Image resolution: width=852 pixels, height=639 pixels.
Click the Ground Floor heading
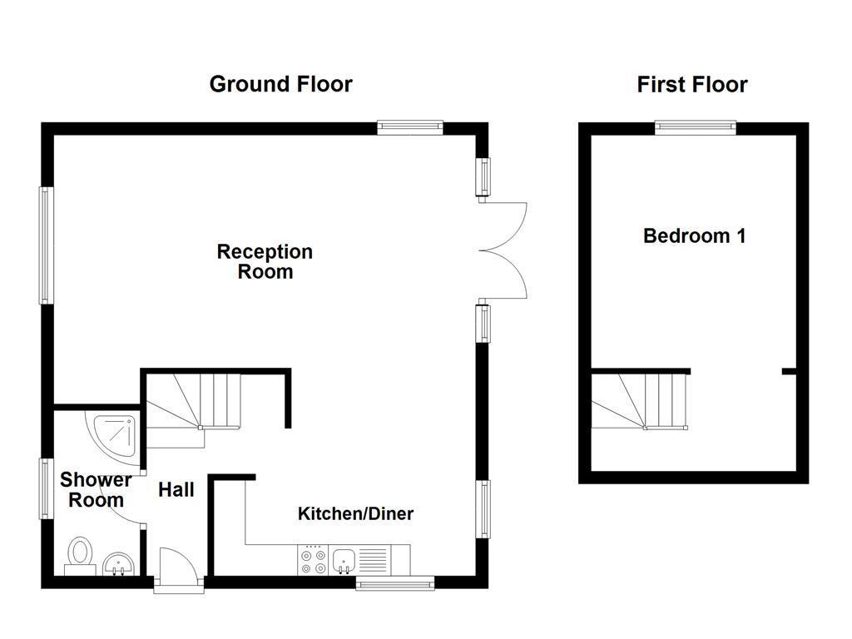[280, 84]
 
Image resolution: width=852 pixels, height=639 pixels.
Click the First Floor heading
[692, 84]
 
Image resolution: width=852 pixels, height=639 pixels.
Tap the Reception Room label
[265, 261]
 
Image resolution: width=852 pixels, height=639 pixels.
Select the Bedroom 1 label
[694, 235]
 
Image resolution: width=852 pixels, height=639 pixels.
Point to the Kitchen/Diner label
[355, 513]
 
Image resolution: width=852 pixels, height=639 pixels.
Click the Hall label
[176, 490]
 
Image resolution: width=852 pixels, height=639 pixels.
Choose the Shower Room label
[96, 490]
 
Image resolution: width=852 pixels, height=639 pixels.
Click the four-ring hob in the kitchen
[313, 560]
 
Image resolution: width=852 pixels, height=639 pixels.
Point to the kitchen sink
[343, 561]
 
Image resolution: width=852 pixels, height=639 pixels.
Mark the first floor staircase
[641, 400]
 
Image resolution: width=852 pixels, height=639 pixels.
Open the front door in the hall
[178, 571]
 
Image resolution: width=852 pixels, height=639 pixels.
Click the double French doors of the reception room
[504, 250]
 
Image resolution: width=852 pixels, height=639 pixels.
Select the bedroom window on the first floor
[695, 127]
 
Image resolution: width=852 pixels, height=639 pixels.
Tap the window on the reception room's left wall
[47, 245]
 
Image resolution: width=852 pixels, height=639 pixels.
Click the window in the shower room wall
[47, 488]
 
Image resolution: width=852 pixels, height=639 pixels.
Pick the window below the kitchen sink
[395, 583]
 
